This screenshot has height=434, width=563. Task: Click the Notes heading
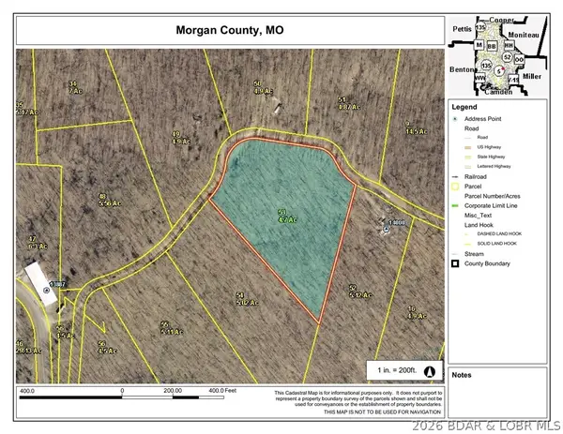461,375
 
